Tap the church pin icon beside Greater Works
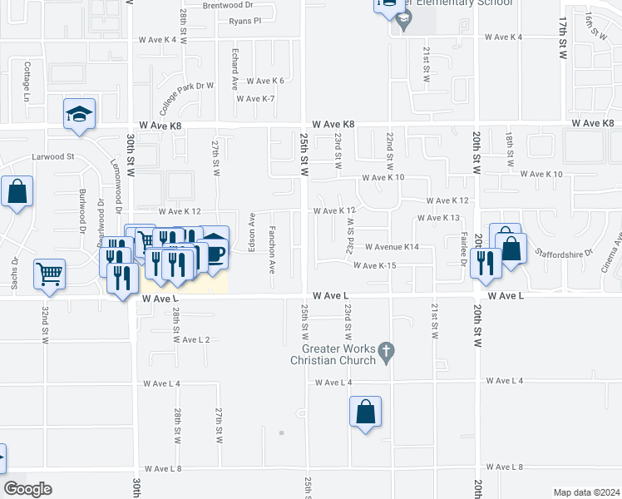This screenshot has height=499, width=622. pyautogui.click(x=385, y=353)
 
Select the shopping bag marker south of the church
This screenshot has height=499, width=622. pyautogui.click(x=365, y=412)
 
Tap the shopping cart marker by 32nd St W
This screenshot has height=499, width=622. pyautogui.click(x=49, y=273)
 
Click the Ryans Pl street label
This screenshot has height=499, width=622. pyautogui.click(x=244, y=21)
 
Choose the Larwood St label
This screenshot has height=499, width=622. pyautogui.click(x=53, y=156)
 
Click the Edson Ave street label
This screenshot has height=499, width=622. pyautogui.click(x=251, y=234)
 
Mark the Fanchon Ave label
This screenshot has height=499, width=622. pyautogui.click(x=271, y=249)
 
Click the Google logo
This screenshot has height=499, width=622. pyautogui.click(x=27, y=488)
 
